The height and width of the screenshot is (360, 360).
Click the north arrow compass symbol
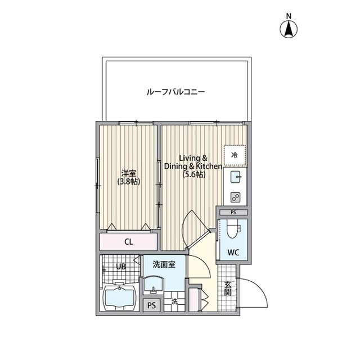click(x=289, y=28)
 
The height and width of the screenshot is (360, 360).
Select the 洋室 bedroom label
click(x=129, y=173)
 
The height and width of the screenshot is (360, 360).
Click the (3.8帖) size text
click(x=129, y=182)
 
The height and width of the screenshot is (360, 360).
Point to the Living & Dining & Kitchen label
click(x=193, y=162)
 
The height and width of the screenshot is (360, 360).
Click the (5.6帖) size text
click(x=193, y=175)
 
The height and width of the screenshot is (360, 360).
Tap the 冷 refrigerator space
click(x=235, y=154)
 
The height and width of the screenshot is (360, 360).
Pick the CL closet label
click(x=129, y=242)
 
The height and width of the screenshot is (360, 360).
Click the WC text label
click(x=233, y=253)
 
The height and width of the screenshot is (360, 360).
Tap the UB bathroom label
click(x=121, y=267)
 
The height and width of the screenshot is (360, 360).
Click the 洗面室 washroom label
click(x=163, y=263)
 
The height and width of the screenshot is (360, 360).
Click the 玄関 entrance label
click(x=228, y=289)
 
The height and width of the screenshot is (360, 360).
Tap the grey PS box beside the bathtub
click(x=151, y=305)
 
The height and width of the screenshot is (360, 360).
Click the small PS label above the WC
click(x=233, y=213)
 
